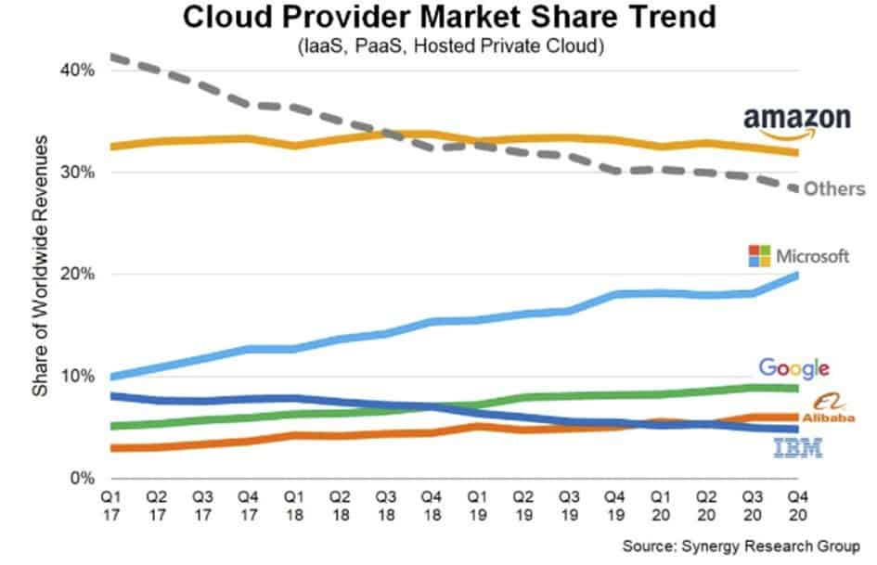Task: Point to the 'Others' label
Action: point(833,189)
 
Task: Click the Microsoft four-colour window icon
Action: point(760,256)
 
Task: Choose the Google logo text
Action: point(793,368)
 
